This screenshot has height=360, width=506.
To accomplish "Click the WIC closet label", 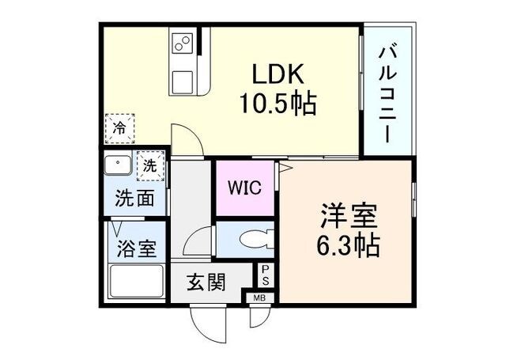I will click(244, 189).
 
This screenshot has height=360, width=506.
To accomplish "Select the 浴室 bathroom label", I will click(136, 249).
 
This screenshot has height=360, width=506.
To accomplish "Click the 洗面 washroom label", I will click(135, 198).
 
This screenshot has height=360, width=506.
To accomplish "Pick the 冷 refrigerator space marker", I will click(119, 127).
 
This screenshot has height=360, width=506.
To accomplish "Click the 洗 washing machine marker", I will click(149, 167).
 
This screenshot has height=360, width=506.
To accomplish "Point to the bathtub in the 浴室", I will click(135, 280).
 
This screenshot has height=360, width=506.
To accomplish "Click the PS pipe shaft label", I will click(266, 275).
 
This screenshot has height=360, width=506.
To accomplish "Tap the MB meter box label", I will click(259, 298).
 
